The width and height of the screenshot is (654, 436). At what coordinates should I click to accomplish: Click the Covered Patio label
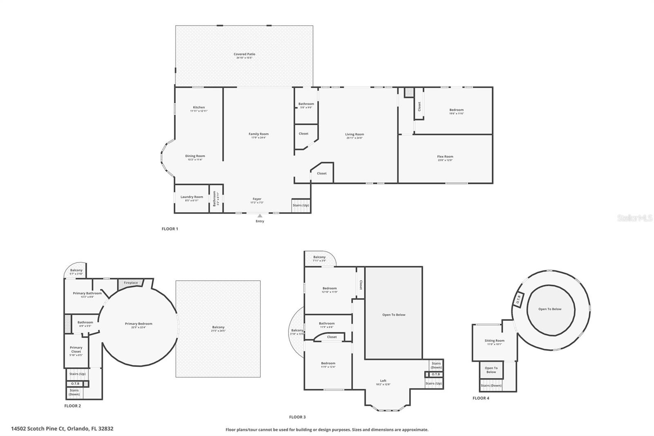pyautogui.click(x=244, y=54)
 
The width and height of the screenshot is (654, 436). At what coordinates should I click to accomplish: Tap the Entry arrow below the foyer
pyautogui.click(x=260, y=216)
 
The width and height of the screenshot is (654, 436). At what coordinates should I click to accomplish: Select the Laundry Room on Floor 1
pyautogui.click(x=192, y=198)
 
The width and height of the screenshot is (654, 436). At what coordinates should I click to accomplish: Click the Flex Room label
pyautogui.click(x=445, y=156)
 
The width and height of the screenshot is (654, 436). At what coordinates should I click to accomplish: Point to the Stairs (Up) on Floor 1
pyautogui.click(x=301, y=205)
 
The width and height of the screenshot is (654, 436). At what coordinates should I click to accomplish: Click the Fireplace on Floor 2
pyautogui.click(x=131, y=283)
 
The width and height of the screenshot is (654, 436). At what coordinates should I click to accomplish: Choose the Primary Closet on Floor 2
pyautogui.click(x=76, y=350)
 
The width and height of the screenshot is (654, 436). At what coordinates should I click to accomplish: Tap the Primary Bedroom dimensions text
pyautogui.click(x=139, y=327)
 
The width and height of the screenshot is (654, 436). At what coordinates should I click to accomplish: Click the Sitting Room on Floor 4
pyautogui.click(x=495, y=342)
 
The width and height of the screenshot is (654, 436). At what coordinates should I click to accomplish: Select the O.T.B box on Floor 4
pyautogui.click(x=518, y=299)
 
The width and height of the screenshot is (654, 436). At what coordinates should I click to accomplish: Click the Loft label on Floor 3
pyautogui.click(x=383, y=381)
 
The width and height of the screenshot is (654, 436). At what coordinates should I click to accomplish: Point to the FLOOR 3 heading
pyautogui.click(x=297, y=417)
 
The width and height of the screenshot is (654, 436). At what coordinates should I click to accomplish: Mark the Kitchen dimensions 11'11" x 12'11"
pyautogui.click(x=199, y=111)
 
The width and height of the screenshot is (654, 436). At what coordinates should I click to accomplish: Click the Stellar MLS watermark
pyautogui.click(x=634, y=218)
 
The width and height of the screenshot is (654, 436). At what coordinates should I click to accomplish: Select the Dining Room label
pyautogui.click(x=195, y=156)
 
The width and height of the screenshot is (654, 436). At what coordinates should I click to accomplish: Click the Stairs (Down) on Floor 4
pyautogui.click(x=491, y=386)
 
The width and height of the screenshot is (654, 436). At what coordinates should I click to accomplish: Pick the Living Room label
pyautogui.click(x=354, y=134)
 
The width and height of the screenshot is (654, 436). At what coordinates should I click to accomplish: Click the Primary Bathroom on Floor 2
pyautogui.click(x=87, y=293)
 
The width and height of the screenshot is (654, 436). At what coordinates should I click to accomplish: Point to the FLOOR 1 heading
pyautogui.click(x=170, y=229)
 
